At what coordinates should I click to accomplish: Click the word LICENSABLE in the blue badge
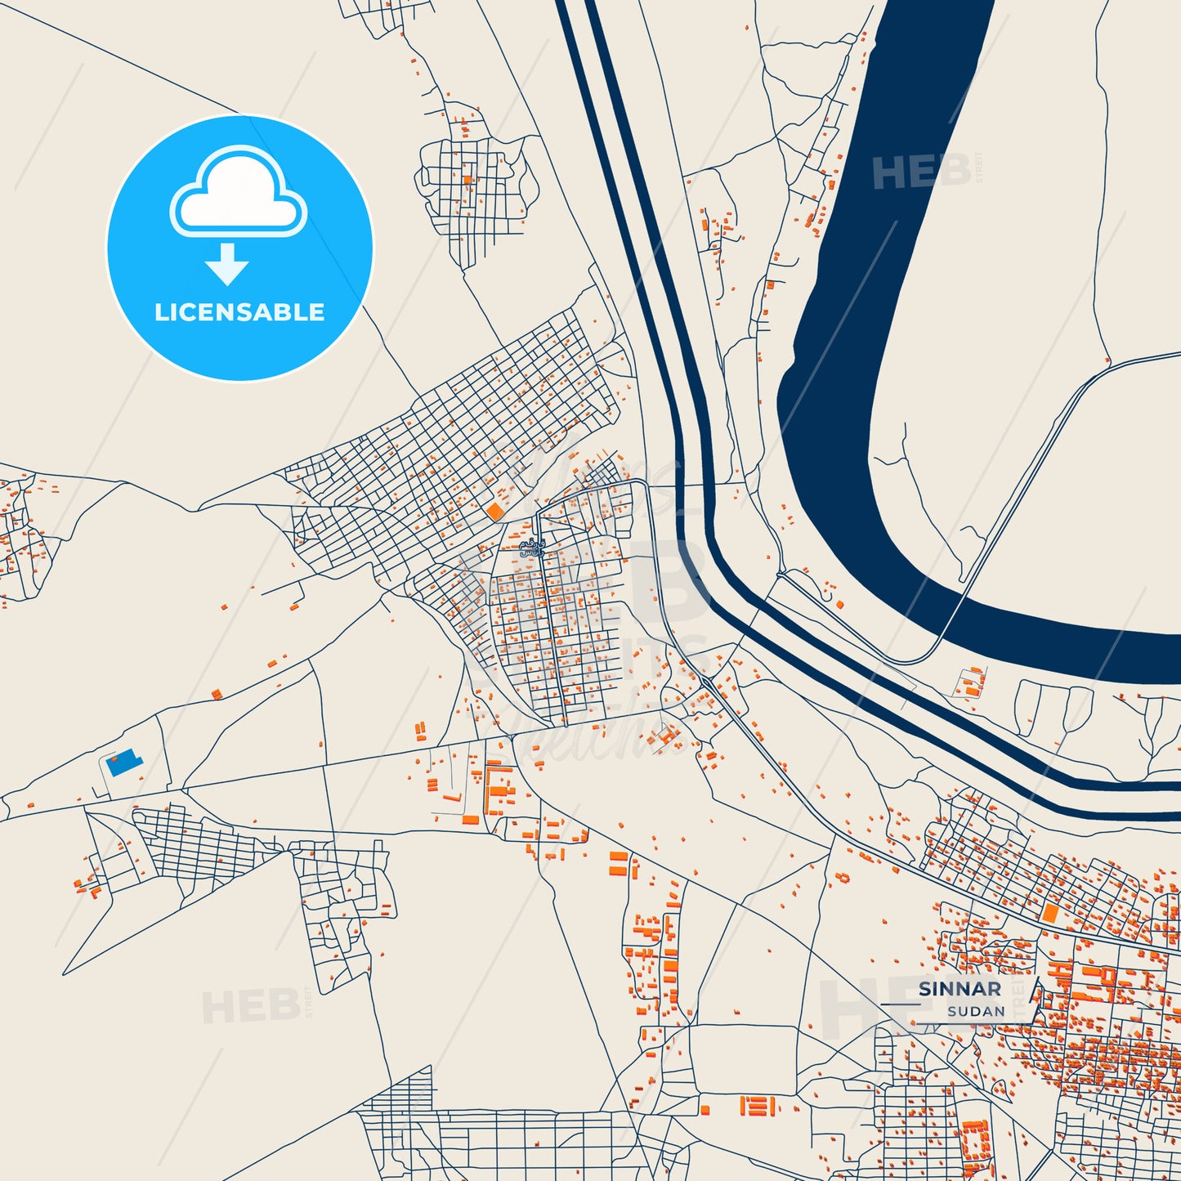(239, 312)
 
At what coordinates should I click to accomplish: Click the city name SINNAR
(960, 989)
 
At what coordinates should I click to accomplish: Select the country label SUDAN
(976, 1011)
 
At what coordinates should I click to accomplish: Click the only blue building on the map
(124, 762)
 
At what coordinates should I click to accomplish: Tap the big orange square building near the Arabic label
(494, 512)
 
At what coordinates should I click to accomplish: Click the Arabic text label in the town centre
(533, 548)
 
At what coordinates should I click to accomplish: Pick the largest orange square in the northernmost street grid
(467, 180)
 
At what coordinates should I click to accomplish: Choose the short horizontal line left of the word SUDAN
(900, 1004)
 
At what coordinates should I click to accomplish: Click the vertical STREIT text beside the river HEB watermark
(979, 168)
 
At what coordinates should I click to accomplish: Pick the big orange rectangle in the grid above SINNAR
(1049, 913)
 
